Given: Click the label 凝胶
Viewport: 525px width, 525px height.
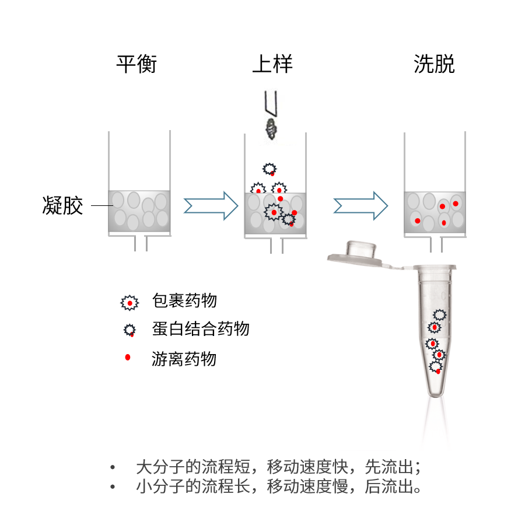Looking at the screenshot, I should [63, 205].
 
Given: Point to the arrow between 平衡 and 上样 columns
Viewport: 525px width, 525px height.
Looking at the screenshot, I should [211, 205].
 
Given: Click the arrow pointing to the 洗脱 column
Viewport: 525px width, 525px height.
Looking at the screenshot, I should [360, 205].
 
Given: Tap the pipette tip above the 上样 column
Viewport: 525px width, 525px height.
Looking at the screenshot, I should [270, 104].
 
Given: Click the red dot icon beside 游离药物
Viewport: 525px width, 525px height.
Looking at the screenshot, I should [128, 357].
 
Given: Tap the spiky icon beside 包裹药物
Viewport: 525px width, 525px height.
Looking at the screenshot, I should [129, 302].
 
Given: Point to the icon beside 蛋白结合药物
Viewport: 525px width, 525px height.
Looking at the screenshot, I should [129, 330].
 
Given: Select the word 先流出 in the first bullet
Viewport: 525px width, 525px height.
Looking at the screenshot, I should [387, 467].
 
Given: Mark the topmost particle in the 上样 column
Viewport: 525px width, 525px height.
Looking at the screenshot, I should [270, 170].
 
